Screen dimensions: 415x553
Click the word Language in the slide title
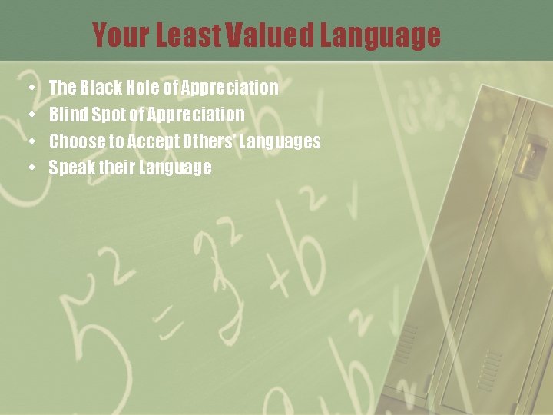coord(380,35)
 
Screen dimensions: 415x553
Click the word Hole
coord(143,88)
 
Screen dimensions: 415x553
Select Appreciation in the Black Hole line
coord(230,88)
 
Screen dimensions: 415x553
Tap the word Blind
coord(68,115)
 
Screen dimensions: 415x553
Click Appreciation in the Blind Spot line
coord(195,115)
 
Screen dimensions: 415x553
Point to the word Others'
coord(210,141)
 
